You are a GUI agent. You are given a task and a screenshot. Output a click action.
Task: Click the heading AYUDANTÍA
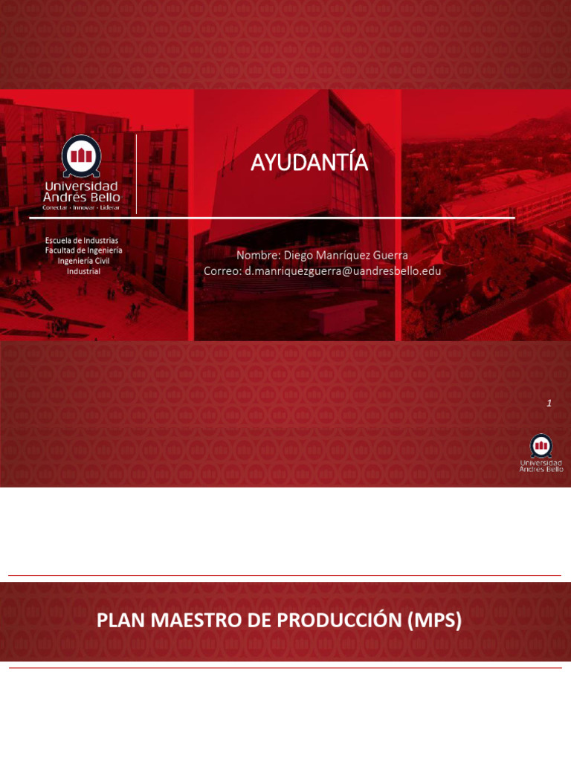coord(309,163)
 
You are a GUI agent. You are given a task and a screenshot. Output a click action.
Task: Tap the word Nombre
coord(257,256)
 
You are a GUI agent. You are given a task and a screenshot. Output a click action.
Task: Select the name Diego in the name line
coord(299,256)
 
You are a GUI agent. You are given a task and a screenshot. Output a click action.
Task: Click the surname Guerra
coord(390,256)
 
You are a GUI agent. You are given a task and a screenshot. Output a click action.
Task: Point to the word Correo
coord(222,271)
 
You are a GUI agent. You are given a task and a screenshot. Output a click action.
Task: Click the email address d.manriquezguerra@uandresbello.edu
coord(343,271)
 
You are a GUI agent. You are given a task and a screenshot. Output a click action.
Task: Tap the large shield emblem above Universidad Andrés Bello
coord(82,155)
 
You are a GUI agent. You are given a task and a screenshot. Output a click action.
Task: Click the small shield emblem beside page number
coord(541,445)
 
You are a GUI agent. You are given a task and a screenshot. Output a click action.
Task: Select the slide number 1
coord(549,403)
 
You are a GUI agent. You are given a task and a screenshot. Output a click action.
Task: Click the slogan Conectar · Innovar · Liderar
coord(81,207)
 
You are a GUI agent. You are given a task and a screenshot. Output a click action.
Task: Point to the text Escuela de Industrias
coord(82,241)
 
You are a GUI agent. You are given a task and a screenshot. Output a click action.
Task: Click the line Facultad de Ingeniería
coord(83,250)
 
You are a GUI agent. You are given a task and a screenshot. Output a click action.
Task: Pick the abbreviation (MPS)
coord(435,621)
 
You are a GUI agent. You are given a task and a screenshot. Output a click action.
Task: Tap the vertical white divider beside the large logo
coord(137,174)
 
